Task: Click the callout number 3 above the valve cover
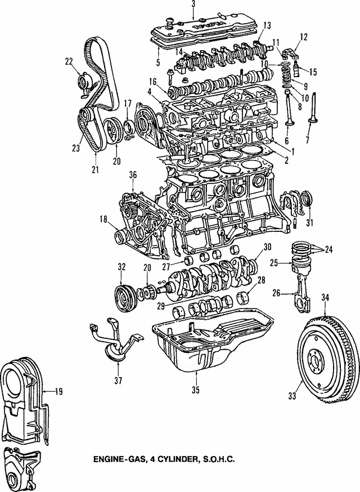click(193, 5)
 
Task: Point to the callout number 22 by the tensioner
click(69, 62)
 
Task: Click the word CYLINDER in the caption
click(169, 475)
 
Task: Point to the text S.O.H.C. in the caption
click(215, 475)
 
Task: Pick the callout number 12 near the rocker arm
click(304, 37)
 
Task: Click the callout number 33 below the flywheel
click(292, 396)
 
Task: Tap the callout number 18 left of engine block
click(103, 219)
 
